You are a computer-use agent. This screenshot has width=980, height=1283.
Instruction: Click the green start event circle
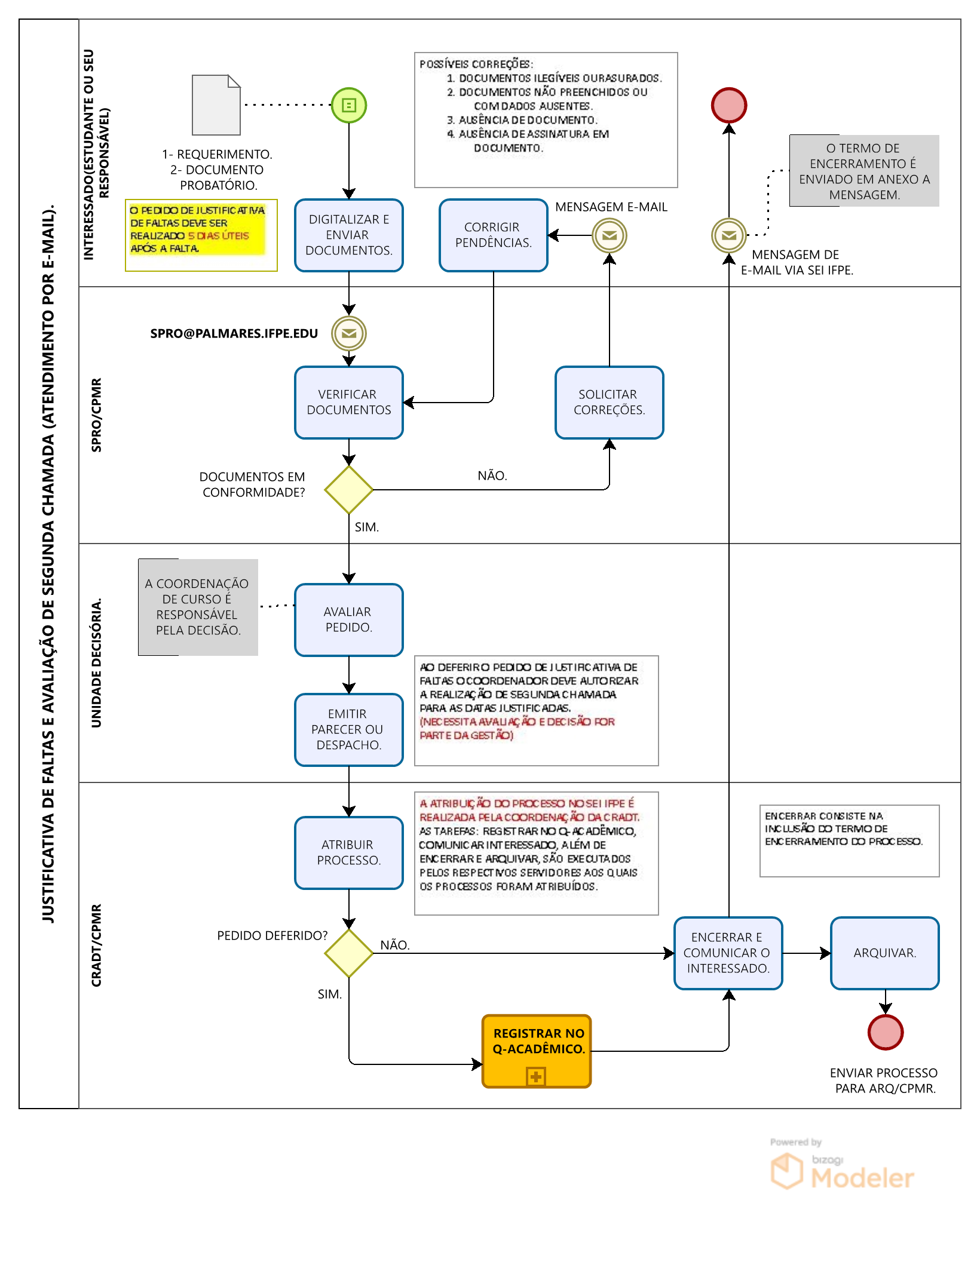(x=349, y=105)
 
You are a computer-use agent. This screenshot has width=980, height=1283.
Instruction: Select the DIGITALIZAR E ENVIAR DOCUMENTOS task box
(x=349, y=235)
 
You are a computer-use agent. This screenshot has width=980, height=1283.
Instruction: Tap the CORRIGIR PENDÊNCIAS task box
(x=494, y=235)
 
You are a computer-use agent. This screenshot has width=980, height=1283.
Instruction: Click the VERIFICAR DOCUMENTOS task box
(x=349, y=403)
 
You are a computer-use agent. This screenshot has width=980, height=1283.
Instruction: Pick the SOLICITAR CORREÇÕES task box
(x=610, y=403)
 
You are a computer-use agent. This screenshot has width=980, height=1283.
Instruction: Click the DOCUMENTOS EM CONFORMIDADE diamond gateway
(x=349, y=490)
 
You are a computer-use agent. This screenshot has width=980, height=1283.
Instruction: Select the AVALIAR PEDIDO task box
(x=349, y=620)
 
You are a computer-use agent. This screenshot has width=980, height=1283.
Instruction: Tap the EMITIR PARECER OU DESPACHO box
(x=349, y=730)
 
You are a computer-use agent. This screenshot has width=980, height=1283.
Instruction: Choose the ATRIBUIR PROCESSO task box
(x=349, y=853)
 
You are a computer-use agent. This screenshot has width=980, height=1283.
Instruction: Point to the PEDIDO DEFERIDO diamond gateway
(x=349, y=953)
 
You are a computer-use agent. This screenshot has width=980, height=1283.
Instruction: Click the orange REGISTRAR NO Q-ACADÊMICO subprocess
(x=537, y=1051)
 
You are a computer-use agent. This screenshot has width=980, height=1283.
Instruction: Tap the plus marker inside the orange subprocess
(x=537, y=1076)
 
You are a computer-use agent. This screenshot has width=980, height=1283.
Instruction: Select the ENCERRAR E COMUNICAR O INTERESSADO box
(x=728, y=953)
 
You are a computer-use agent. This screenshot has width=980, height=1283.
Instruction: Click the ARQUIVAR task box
(x=885, y=953)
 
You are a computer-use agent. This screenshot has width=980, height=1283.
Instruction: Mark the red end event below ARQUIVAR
(x=886, y=1032)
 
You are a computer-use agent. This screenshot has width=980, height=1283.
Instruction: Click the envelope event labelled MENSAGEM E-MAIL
(x=610, y=235)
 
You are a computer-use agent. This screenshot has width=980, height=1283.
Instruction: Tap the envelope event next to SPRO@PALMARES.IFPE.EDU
(x=349, y=333)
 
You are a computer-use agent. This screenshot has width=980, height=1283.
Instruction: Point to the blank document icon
(x=216, y=105)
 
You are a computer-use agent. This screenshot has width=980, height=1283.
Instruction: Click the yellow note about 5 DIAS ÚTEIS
(x=201, y=235)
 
